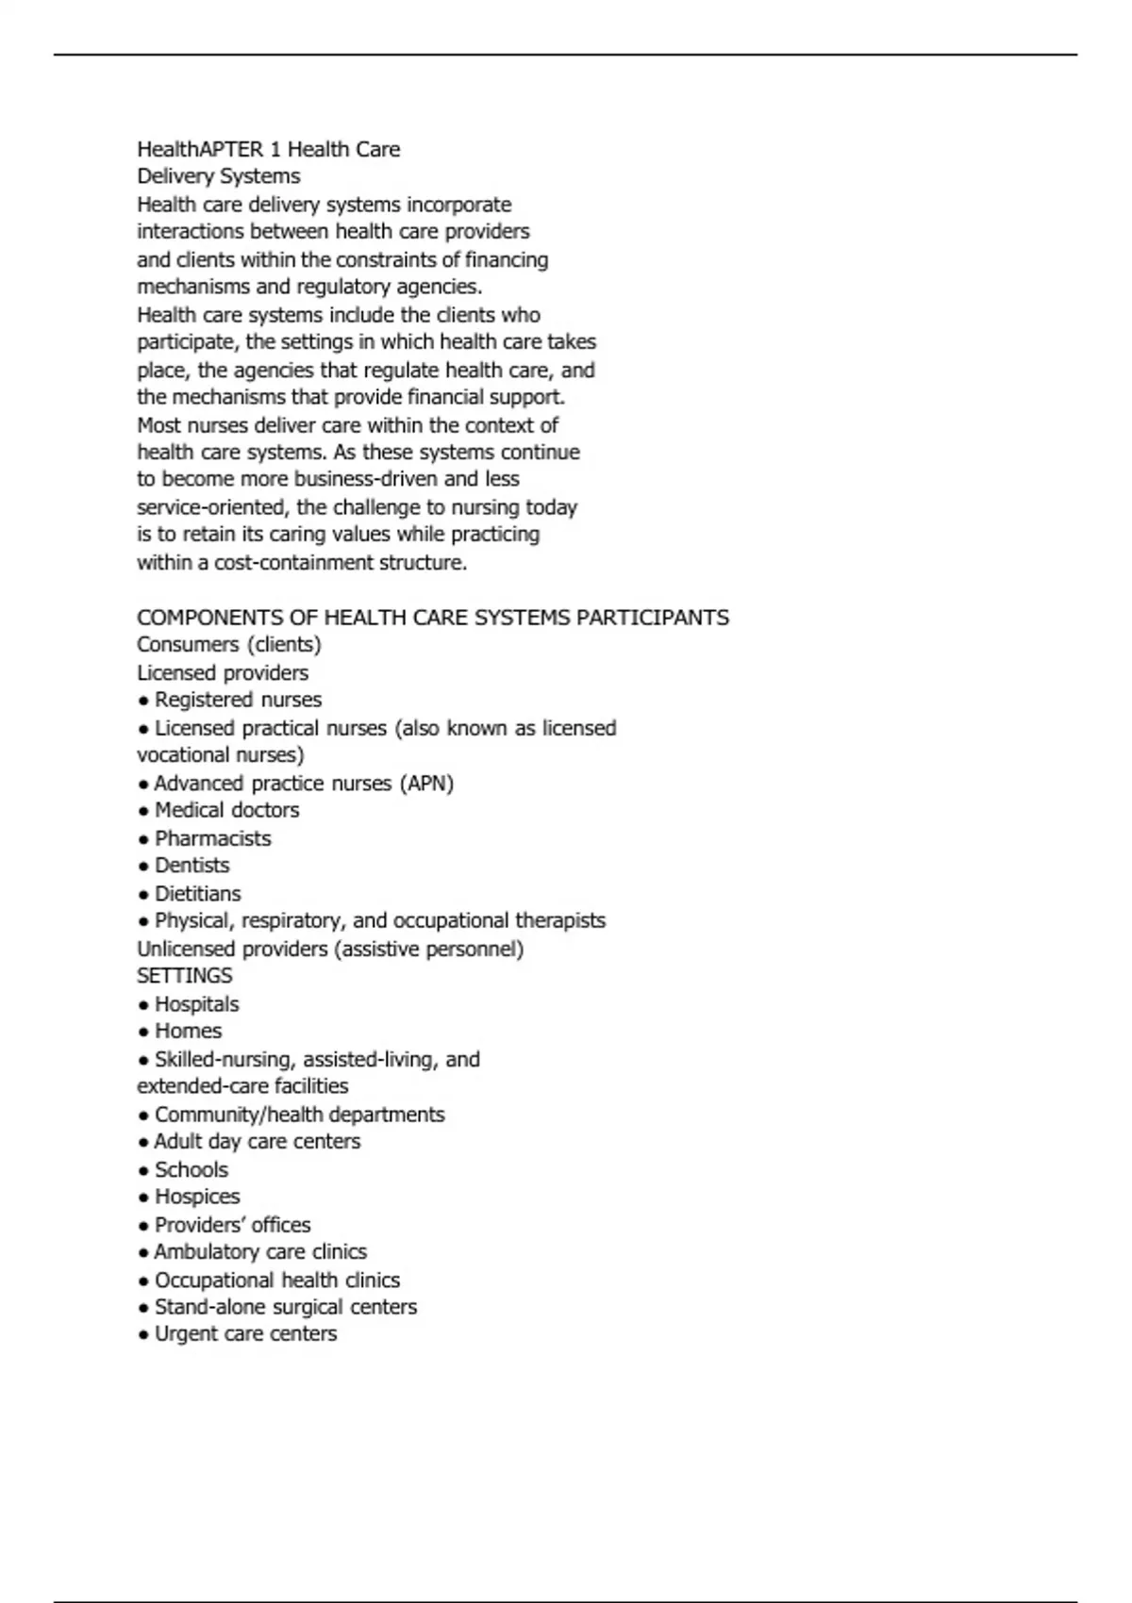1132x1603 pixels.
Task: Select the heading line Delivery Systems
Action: [219, 176]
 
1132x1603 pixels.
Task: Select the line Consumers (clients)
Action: [229, 645]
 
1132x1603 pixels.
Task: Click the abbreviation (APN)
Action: [426, 784]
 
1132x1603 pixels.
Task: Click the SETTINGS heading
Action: [185, 976]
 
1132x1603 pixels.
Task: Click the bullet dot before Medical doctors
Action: [143, 812]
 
